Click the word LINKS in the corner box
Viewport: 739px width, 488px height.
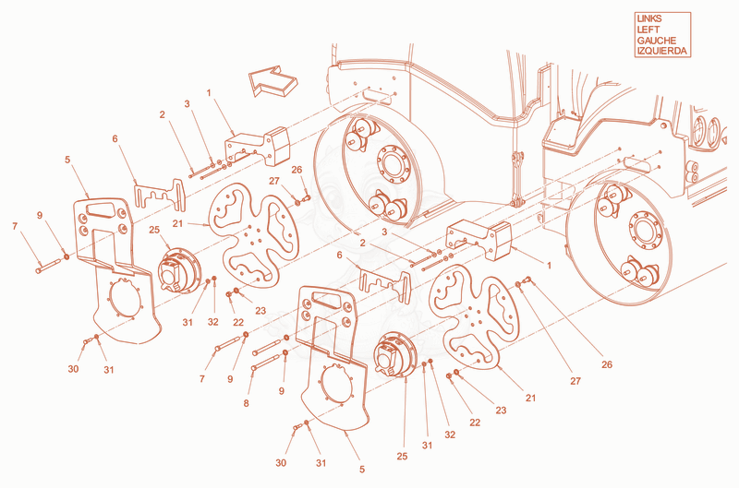649,18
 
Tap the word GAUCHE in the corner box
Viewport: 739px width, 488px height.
656,41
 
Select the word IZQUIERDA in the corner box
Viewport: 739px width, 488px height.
661,51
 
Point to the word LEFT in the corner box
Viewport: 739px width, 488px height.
648,30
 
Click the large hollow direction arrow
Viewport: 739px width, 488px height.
273,81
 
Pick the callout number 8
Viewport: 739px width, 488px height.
246,403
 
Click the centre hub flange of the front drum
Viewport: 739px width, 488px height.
394,163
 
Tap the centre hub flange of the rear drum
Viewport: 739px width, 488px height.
645,231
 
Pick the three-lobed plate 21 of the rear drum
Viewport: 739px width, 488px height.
475,315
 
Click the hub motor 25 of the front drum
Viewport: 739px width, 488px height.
179,272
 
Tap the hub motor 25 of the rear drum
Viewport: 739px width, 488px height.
395,354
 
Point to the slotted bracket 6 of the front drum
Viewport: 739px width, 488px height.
160,194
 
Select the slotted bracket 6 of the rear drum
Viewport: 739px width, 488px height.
384,284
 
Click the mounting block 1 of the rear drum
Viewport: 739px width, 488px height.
479,239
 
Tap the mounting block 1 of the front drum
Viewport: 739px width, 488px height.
258,146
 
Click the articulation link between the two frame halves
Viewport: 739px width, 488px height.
518,178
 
